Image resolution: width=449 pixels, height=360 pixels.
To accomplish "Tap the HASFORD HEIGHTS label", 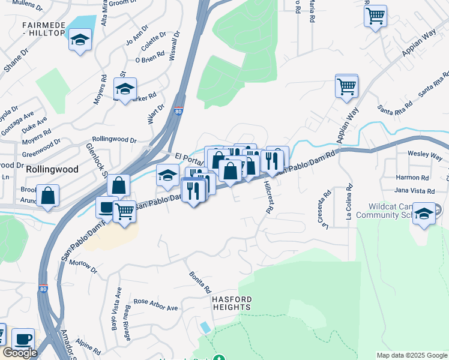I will coord(231,303).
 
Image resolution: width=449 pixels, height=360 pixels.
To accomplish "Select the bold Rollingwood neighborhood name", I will coord(52,170).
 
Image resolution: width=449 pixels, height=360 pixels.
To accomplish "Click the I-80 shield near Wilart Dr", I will coord(178,110).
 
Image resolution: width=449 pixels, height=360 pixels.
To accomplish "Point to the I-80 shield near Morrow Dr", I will coord(43,289).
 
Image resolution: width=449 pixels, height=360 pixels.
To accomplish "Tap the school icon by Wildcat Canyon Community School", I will coord(424,214).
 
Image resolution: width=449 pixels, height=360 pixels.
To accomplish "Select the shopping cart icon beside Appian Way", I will coord(346,86).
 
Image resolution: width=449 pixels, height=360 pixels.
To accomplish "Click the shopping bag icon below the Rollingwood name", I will coord(47,196).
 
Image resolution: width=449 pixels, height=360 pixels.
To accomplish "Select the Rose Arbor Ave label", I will coord(155,305).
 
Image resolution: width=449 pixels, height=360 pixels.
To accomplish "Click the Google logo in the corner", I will coord(20,353).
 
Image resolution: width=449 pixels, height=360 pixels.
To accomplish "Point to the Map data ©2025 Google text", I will coord(412,355).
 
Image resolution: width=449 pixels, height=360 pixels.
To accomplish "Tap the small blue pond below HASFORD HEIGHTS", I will coord(206,328).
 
